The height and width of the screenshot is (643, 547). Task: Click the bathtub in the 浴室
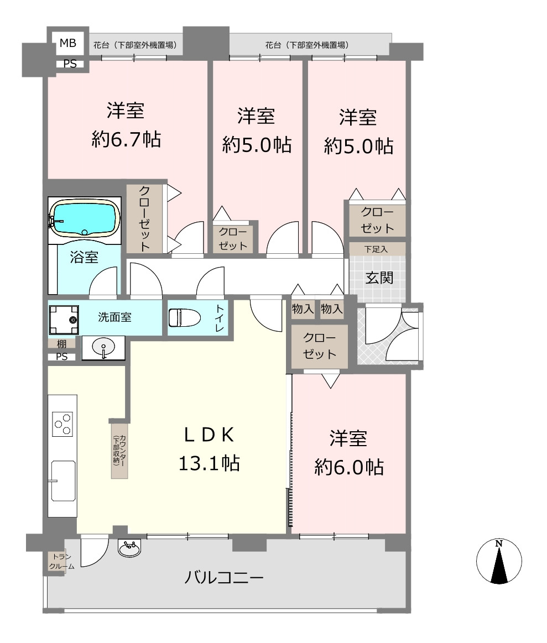point(85,219)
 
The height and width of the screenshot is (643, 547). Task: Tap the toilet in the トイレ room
point(184,317)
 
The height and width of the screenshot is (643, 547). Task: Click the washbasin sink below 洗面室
point(103,348)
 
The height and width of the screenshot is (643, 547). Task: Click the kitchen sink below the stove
point(63,481)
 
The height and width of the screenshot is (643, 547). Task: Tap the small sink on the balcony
point(129,547)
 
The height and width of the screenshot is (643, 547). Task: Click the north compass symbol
point(499,561)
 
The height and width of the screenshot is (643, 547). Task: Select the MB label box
point(68,43)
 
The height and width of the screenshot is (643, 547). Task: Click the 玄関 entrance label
point(379,278)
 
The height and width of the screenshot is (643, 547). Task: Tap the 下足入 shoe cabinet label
point(376,249)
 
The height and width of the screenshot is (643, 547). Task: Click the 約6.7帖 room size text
point(126,139)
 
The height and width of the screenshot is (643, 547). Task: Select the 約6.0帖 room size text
point(349,467)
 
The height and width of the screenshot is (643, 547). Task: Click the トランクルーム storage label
point(61,561)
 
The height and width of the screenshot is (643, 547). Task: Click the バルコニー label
point(223,577)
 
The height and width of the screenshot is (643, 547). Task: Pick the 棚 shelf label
point(61,343)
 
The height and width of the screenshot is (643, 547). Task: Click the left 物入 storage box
point(303,309)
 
